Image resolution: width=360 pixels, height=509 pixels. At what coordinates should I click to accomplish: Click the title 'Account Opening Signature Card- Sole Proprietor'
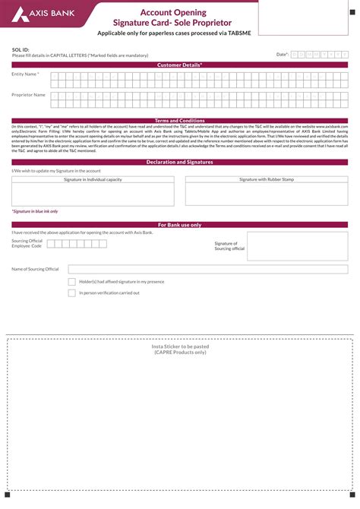180,17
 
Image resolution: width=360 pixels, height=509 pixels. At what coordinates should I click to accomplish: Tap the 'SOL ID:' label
21,49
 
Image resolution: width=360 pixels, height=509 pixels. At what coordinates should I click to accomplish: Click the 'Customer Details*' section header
180,65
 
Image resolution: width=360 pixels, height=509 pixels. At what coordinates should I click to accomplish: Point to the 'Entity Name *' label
25,74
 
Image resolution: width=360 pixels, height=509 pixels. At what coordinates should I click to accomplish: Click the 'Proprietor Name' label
28,95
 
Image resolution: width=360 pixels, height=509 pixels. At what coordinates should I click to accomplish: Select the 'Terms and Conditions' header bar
180,121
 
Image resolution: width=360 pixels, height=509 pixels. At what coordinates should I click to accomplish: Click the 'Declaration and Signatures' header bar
180,163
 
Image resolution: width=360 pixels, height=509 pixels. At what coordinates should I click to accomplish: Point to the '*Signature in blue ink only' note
34,211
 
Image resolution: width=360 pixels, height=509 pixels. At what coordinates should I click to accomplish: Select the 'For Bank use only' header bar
180,226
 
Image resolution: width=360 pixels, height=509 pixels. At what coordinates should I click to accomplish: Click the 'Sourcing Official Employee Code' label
27,244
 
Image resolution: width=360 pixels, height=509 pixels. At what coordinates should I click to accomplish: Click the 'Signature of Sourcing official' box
298,246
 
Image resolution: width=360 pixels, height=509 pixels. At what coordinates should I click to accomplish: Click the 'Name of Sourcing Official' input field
208,269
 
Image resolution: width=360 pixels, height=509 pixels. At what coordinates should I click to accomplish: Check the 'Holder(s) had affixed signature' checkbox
72,281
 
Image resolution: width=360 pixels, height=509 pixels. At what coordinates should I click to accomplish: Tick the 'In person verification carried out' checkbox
72,292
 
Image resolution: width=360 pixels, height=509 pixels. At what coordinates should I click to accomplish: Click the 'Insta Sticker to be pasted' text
180,346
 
